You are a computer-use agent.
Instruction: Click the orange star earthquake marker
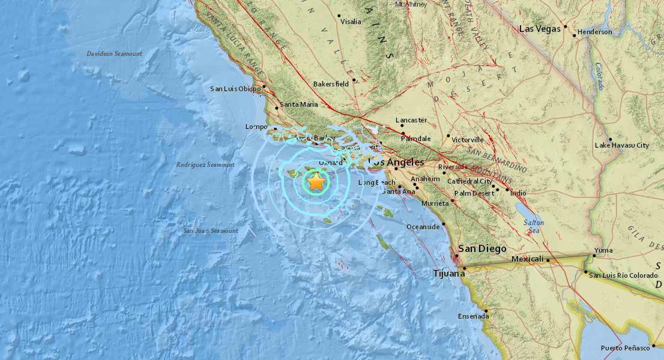[x=316, y=181]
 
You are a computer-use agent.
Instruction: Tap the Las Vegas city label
[x=539, y=28]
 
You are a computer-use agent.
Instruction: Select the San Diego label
[x=482, y=249]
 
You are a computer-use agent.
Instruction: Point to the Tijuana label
[x=448, y=274]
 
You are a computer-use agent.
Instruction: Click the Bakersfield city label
[x=331, y=85]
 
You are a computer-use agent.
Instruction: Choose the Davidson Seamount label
[x=114, y=54]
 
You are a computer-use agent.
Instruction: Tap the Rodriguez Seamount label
[x=205, y=164]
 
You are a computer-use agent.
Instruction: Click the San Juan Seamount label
[x=211, y=230]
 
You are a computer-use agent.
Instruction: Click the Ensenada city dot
[x=487, y=310]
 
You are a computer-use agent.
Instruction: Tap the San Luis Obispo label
[x=235, y=89]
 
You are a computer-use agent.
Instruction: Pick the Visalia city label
[x=351, y=22]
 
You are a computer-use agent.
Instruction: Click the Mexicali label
[x=528, y=259]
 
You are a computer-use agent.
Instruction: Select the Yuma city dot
[x=594, y=256]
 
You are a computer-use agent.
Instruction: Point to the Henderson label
[x=594, y=32]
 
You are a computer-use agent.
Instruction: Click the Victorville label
[x=467, y=140]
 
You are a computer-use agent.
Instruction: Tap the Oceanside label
[x=423, y=227]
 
